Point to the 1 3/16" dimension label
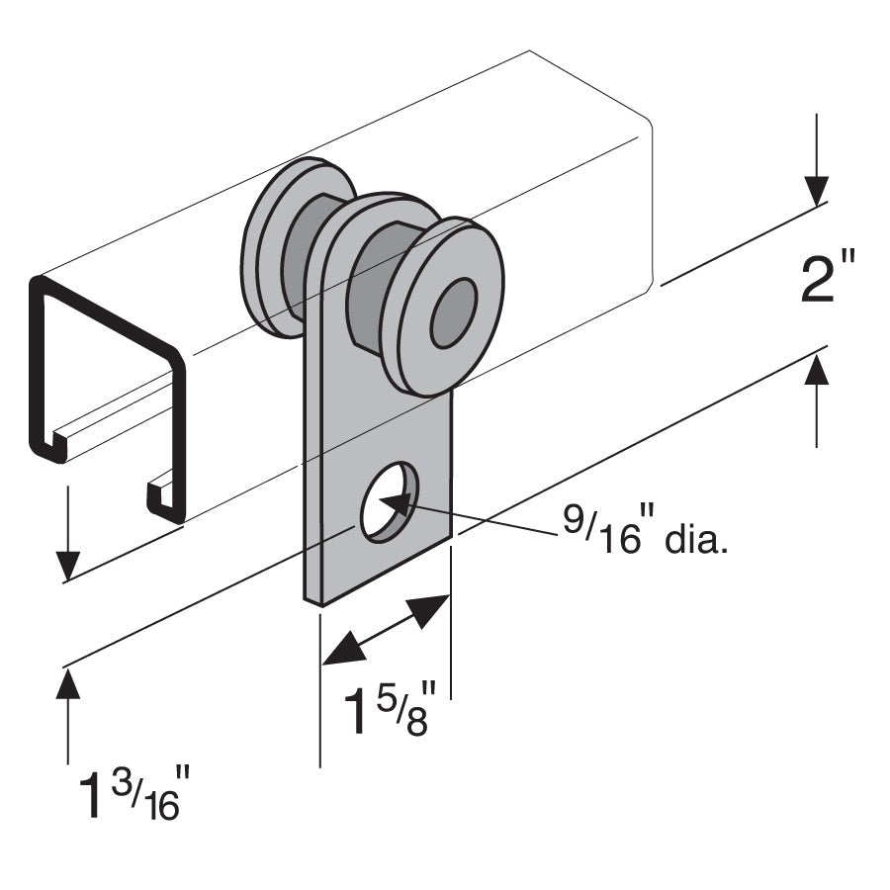pyautogui.click(x=131, y=795)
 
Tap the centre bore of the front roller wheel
pyautogui.click(x=453, y=313)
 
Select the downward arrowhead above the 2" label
pyautogui.click(x=817, y=189)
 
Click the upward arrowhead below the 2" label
pyautogui.click(x=817, y=370)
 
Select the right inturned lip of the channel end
pyautogui.click(x=164, y=499)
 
